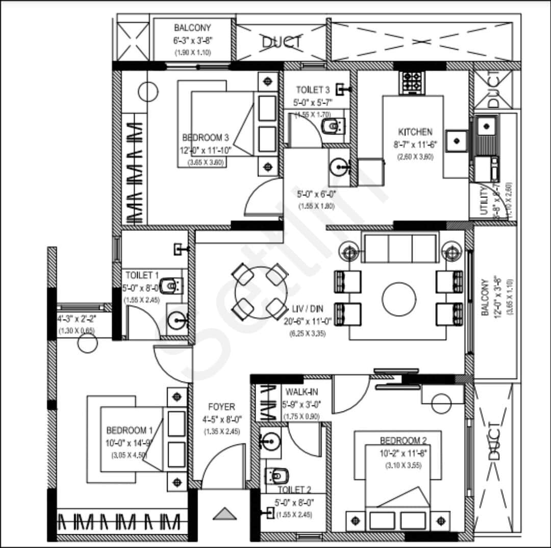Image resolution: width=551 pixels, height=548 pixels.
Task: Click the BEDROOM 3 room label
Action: pyautogui.click(x=205, y=138)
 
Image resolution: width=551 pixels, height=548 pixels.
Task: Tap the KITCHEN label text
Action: pyautogui.click(x=415, y=132)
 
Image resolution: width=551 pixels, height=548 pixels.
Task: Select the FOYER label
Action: pyautogui.click(x=221, y=407)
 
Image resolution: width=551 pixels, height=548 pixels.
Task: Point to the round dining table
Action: pyautogui.click(x=261, y=293)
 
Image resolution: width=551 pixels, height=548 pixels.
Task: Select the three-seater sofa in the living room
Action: pyautogui.click(x=399, y=247)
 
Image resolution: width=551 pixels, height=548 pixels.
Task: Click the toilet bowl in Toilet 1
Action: pyautogui.click(x=168, y=285)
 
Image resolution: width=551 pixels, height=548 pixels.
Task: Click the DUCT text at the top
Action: pyautogui.click(x=282, y=42)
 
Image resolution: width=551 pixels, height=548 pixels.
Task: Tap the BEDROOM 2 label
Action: pyautogui.click(x=403, y=440)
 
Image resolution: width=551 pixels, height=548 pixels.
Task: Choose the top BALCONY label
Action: pyautogui.click(x=192, y=28)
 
